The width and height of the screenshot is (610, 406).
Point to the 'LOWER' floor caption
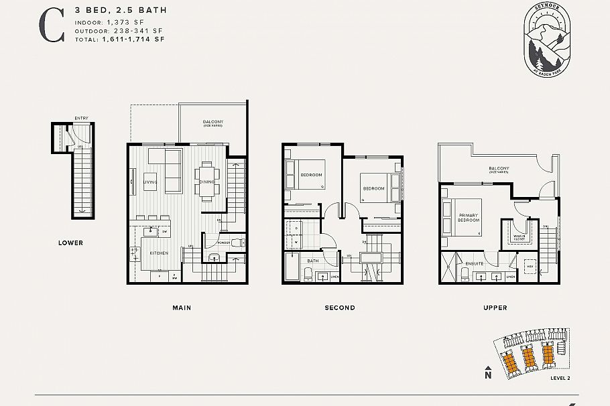70,243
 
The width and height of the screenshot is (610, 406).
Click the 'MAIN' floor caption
182,308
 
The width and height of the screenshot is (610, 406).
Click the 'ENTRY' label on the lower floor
81,119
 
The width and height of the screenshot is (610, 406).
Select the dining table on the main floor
207,180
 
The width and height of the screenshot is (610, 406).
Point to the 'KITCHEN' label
159,253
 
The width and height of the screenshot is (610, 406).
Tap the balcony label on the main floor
213,123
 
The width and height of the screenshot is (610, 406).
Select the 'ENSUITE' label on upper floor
475,263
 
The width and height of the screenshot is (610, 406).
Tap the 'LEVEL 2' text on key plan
560,379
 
